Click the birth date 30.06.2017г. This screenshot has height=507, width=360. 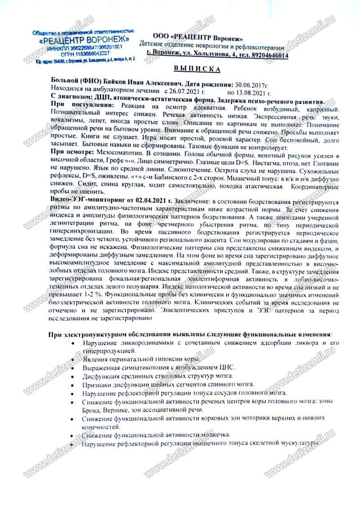[252, 84]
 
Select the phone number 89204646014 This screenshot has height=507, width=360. [268, 55]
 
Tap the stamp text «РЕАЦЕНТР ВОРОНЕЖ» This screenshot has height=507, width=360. [84, 40]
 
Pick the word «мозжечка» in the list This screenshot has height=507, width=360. [214, 435]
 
